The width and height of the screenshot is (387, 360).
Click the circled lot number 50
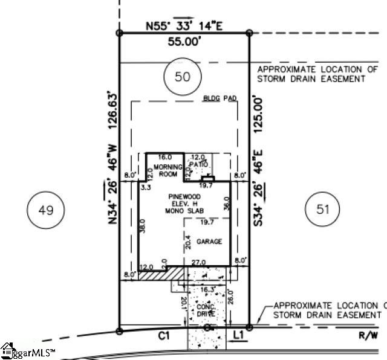coord(182,77)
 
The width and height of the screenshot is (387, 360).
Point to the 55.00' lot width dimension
coord(185,42)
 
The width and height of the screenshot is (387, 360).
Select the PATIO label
coord(199,164)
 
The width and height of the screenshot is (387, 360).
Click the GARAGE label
coord(209,242)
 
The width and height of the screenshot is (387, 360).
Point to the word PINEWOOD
coord(185,198)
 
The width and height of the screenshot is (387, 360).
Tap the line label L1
coord(238,334)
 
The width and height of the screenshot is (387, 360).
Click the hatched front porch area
coord(160,274)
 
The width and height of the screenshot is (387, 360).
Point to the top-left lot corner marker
coord(120,33)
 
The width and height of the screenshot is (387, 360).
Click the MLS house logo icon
coord(8,350)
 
